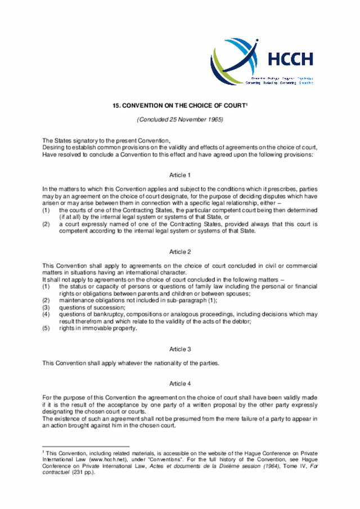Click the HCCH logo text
[x=290, y=58]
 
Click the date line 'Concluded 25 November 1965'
[x=180, y=120]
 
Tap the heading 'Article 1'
[x=180, y=175]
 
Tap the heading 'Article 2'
[x=180, y=251]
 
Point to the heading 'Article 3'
[x=180, y=349]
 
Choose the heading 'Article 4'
[x=180, y=384]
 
